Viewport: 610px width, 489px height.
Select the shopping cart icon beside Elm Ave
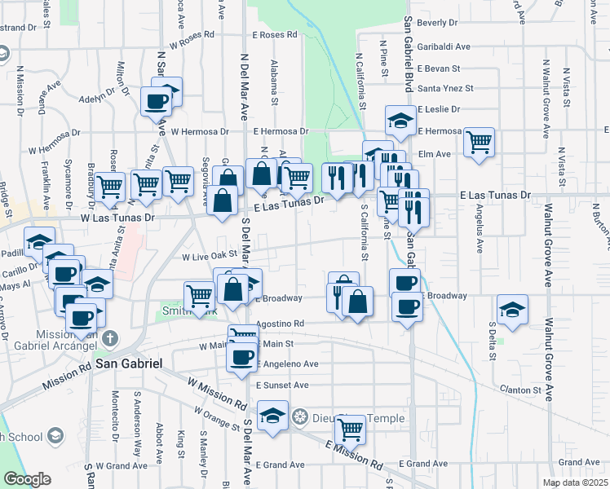479,141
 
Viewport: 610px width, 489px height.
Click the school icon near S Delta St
512,310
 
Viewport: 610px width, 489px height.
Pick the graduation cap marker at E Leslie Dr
400,121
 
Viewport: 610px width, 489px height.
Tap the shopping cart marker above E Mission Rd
350,429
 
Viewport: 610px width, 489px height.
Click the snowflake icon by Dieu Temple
300,417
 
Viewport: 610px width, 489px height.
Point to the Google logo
27,479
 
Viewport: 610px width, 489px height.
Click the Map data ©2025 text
576,482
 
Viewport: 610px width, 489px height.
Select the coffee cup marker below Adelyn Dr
156,102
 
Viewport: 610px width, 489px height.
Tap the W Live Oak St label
209,255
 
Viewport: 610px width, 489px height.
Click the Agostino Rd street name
279,324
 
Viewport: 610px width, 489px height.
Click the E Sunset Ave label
281,385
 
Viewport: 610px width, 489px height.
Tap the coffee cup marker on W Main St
241,357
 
